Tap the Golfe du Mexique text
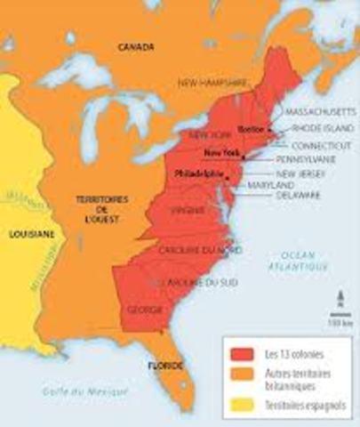[x=84, y=391]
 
